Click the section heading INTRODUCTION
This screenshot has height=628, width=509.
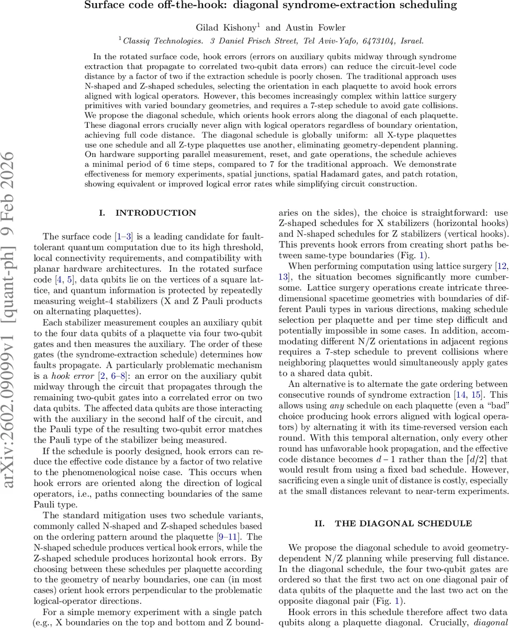(155, 213)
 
